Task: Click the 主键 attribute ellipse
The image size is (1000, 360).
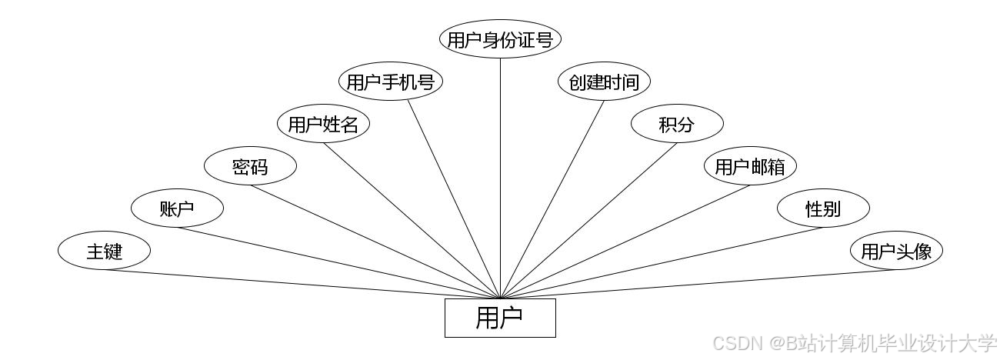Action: pyautogui.click(x=104, y=251)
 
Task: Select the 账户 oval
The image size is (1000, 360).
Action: pyautogui.click(x=177, y=208)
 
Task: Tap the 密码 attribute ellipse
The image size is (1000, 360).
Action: pyautogui.click(x=250, y=166)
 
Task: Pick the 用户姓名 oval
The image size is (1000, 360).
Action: pyautogui.click(x=323, y=124)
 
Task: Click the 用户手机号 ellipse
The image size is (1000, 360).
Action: pyautogui.click(x=391, y=82)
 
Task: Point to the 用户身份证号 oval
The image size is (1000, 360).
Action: pyautogui.click(x=500, y=39)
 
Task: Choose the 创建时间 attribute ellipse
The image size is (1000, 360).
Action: pyautogui.click(x=604, y=82)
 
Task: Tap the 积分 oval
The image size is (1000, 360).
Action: pyautogui.click(x=677, y=124)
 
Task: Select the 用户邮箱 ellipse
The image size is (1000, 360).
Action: pyautogui.click(x=750, y=166)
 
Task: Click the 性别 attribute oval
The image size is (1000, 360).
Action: pyautogui.click(x=823, y=208)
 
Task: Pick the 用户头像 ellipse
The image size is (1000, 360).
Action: pyautogui.click(x=896, y=251)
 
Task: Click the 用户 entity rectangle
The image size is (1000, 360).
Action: pyautogui.click(x=500, y=318)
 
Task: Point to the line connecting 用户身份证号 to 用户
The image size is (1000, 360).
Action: pyautogui.click(x=501, y=177)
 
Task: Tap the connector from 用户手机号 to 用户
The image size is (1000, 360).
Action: pyautogui.click(x=454, y=199)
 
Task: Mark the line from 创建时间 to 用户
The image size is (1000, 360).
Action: pyautogui.click(x=552, y=199)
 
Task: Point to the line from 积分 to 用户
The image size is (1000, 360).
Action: pyautogui.click(x=588, y=220)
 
